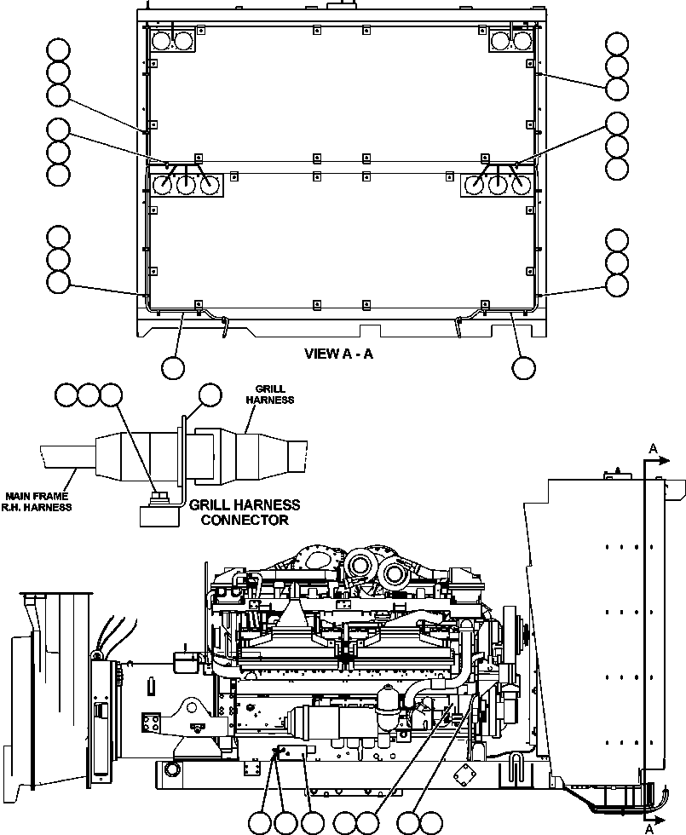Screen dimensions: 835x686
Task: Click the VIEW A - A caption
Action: (x=338, y=354)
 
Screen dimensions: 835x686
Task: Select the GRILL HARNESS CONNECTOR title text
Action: (x=244, y=511)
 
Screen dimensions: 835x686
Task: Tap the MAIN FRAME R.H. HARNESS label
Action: (x=38, y=501)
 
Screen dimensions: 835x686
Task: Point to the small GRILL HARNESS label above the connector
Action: (x=269, y=394)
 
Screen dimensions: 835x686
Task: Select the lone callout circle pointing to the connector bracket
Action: (x=210, y=394)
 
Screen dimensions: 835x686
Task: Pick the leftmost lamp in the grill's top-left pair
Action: (x=161, y=40)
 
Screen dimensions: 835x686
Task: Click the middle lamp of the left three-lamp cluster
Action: (x=187, y=184)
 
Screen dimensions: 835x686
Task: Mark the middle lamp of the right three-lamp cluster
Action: (x=498, y=184)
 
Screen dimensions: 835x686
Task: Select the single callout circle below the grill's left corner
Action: (x=173, y=367)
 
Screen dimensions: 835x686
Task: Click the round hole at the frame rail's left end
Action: (x=171, y=770)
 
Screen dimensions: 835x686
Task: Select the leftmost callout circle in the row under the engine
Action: (x=261, y=822)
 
